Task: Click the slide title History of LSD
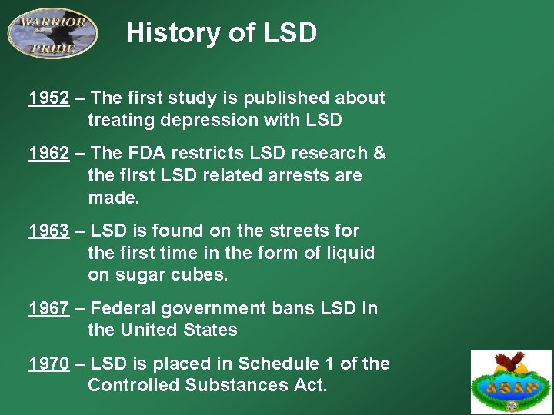coord(222,33)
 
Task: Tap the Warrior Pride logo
coord(52,32)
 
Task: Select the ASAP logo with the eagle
coord(512,382)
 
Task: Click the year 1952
coord(48,98)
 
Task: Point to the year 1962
coord(48,153)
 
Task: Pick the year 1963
coord(48,231)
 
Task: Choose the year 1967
coord(48,308)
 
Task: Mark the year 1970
coord(48,364)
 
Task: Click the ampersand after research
coord(379,153)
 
